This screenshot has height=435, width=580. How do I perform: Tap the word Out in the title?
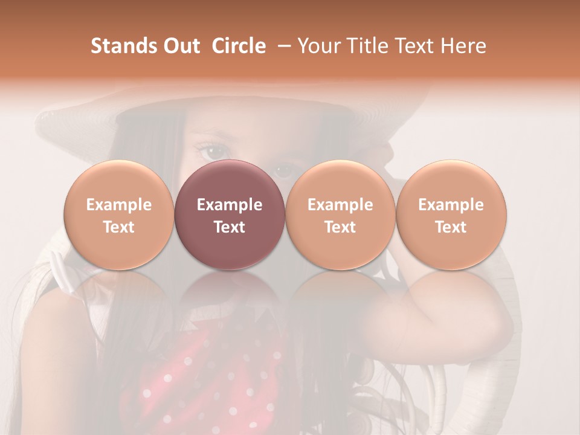180,46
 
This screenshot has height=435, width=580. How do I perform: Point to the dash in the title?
282,47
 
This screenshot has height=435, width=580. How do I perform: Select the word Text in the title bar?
417,46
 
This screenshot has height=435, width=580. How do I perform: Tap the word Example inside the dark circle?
230,205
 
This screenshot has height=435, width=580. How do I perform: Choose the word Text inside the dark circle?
230,227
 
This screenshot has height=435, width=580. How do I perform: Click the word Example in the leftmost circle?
119,205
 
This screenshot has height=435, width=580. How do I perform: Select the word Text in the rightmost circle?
451,227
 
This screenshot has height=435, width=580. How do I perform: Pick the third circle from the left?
340,215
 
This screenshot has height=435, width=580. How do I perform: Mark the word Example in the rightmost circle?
451,205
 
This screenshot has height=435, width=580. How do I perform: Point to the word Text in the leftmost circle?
119,227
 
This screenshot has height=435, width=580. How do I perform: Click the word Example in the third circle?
340,205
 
